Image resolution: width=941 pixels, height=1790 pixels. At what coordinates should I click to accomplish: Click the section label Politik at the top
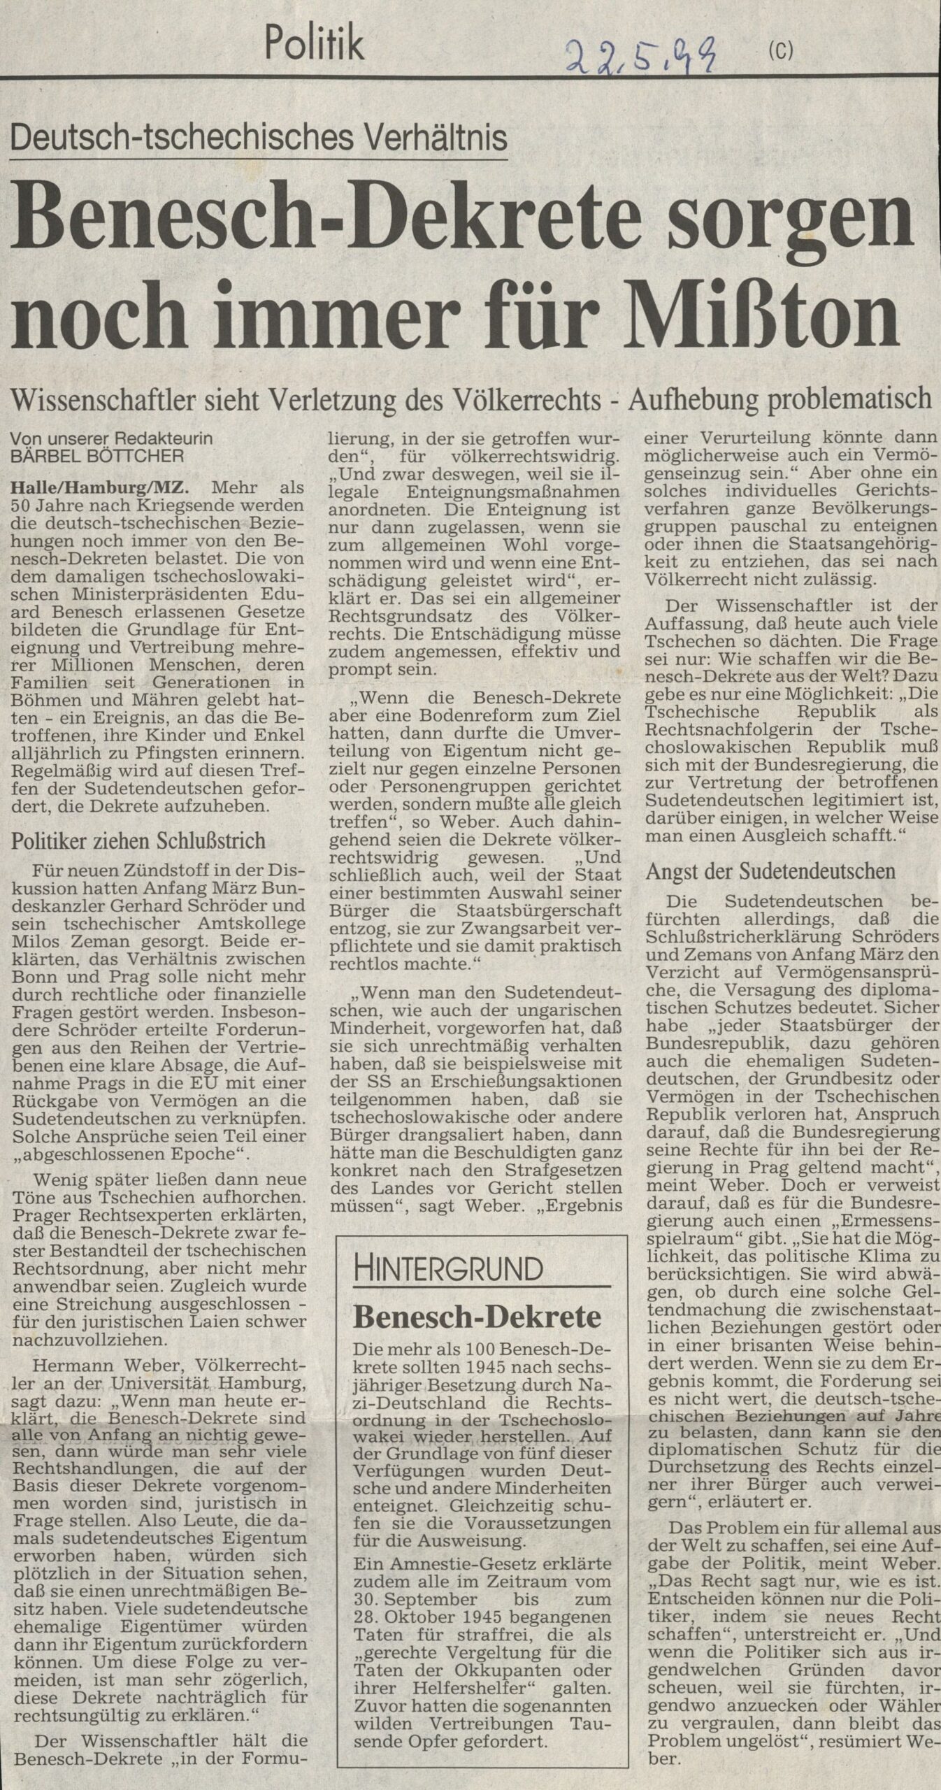[314, 43]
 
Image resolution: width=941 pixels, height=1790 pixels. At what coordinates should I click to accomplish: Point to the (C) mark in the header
[780, 52]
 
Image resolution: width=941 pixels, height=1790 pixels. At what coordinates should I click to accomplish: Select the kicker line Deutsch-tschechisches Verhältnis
[258, 137]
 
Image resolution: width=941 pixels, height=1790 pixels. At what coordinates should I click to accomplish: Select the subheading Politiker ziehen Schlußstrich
[138, 840]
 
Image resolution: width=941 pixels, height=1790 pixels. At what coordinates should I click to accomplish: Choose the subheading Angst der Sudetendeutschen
[770, 871]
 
